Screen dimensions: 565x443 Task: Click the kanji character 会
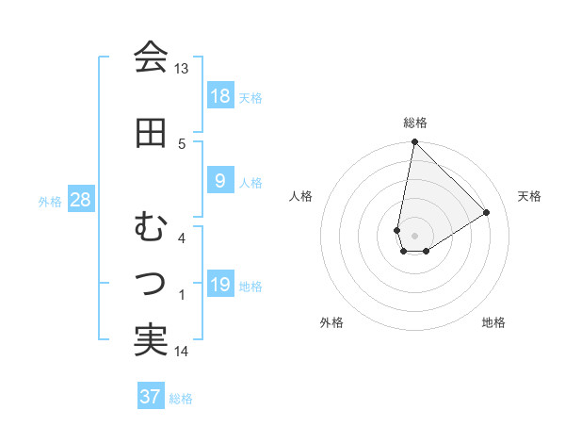(151, 58)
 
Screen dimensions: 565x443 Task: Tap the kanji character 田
(151, 133)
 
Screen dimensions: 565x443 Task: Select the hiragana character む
(151, 228)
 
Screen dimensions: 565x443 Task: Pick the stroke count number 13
(182, 69)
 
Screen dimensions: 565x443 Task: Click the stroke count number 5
(183, 143)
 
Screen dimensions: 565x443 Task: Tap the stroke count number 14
(182, 352)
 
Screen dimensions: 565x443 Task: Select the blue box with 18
(219, 96)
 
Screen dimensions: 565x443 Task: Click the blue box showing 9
(219, 181)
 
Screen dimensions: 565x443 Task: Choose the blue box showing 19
(219, 286)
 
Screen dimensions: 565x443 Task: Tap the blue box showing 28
(80, 200)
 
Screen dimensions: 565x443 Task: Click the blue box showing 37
(150, 397)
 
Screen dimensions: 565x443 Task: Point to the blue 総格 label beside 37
(181, 399)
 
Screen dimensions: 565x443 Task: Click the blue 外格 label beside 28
(50, 201)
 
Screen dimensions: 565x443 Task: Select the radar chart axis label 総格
(414, 123)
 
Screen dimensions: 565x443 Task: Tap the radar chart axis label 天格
(529, 196)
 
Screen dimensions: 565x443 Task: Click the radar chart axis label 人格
(301, 196)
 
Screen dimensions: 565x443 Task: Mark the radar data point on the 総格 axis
(414, 142)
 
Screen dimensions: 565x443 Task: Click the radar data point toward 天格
(487, 212)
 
